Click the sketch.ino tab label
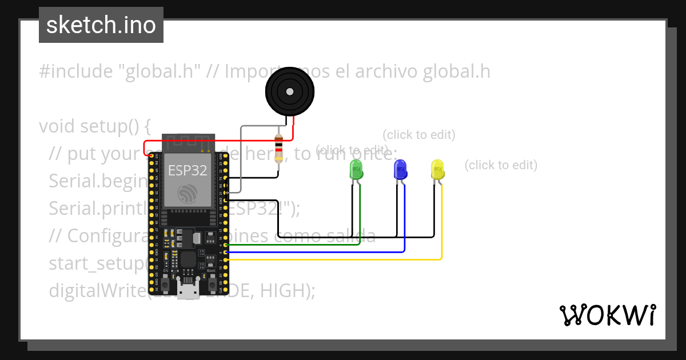coord(101,25)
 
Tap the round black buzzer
coord(290,91)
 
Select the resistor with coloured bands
coord(279,148)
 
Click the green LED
coord(356,170)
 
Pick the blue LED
coord(400,170)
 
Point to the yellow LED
coord(437,170)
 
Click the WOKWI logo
coord(607,315)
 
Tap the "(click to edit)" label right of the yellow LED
coord(501,165)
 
